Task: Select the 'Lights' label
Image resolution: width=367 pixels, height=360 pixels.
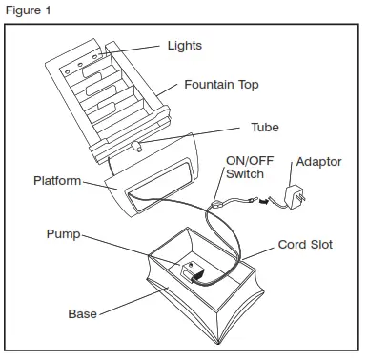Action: pyautogui.click(x=184, y=45)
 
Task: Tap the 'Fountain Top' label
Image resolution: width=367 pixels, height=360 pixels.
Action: pyautogui.click(x=220, y=85)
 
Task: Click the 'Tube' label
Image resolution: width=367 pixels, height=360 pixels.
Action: pyautogui.click(x=264, y=127)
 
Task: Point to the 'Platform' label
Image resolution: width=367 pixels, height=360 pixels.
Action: pyautogui.click(x=57, y=180)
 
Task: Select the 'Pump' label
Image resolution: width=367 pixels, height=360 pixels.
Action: pyautogui.click(x=63, y=233)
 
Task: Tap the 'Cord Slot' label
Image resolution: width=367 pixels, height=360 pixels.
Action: pyautogui.click(x=304, y=245)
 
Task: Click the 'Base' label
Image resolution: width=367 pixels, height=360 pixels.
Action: pyautogui.click(x=82, y=313)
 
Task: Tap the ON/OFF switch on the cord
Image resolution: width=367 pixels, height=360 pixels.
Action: pyautogui.click(x=220, y=202)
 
